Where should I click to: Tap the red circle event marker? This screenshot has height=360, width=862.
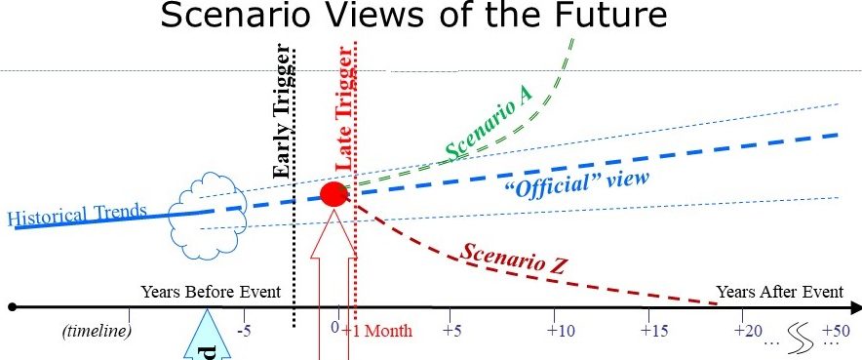click(x=334, y=193)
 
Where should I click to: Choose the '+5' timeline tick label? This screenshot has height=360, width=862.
click(x=452, y=332)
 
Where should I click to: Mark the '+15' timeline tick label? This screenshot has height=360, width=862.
click(x=654, y=332)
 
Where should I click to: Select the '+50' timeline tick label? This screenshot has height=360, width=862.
click(x=835, y=332)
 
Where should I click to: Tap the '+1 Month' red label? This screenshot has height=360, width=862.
click(x=377, y=332)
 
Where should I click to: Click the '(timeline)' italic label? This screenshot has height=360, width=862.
click(x=96, y=332)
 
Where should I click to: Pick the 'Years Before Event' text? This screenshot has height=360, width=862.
click(x=211, y=291)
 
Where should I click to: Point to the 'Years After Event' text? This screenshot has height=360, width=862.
click(x=780, y=291)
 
